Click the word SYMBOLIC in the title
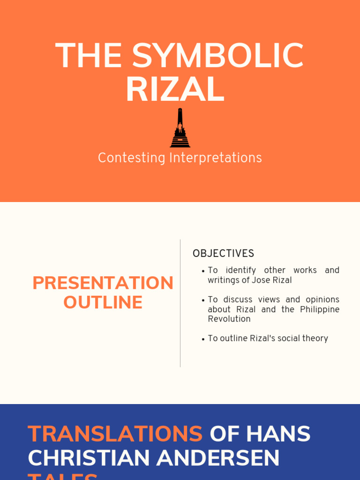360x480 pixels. [217, 56]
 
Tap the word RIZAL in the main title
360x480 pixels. [175, 90]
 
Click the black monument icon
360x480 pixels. [180, 128]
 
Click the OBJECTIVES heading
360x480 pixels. [223, 254]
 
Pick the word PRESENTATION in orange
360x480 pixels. [103, 283]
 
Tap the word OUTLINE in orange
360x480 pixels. [103, 302]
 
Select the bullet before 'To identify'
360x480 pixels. [202, 271]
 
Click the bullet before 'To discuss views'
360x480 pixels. [202, 300]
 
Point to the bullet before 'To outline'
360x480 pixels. [202, 339]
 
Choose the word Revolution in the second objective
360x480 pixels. [229, 319]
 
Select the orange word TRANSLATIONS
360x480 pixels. [115, 434]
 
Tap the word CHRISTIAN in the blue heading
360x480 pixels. [89, 458]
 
